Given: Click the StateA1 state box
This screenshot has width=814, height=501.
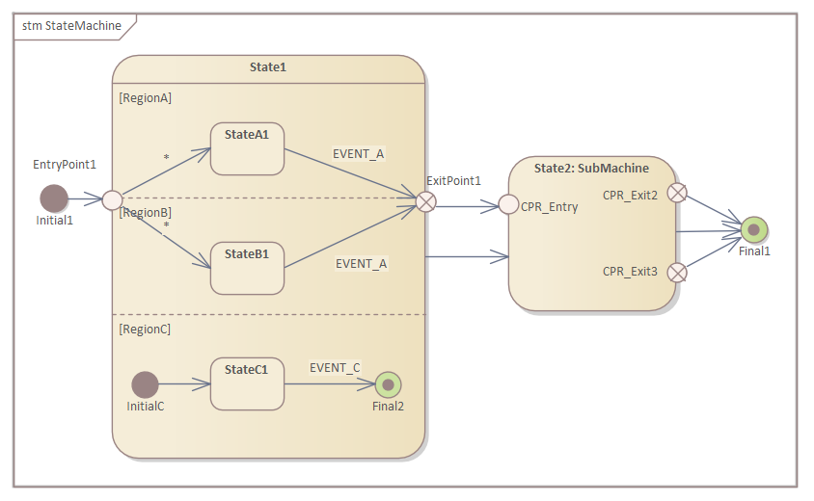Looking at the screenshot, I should coord(247,148).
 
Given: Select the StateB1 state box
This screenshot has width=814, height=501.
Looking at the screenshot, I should coord(247,268).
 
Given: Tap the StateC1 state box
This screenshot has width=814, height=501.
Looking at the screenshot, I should coord(247,383).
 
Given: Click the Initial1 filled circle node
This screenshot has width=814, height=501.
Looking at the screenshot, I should coord(54,199).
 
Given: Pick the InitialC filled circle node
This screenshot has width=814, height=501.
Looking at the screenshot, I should coord(145,384).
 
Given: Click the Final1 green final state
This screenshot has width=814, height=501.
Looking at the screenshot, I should coord(755,230).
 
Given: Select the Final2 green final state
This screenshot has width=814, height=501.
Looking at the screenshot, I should coord(388,384).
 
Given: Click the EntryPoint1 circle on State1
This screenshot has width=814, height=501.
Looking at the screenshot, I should coord(113,200).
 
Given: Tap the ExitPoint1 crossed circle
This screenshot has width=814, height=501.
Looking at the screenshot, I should coord(425,200).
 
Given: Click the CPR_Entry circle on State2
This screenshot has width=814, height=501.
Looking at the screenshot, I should coord(509,205).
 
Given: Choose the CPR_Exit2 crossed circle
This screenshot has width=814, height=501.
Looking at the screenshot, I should coord(677,193).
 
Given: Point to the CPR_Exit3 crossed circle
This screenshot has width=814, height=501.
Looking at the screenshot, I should coord(677,272).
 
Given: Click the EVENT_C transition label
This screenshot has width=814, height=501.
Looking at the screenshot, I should coord(335,367).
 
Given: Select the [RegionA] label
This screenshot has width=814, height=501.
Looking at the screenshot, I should coord(145,97).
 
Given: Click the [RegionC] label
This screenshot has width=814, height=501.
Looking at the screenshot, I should coord(145,329).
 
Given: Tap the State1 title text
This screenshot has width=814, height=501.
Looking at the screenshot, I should coord(268,67).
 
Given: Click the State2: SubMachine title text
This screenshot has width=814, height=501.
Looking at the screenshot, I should coord(591,168).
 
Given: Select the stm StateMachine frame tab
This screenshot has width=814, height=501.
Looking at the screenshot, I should coord(72,26).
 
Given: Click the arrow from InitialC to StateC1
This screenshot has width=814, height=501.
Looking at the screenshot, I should coord(184,384).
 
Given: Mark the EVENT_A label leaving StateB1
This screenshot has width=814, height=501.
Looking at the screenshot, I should coord(361,263).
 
